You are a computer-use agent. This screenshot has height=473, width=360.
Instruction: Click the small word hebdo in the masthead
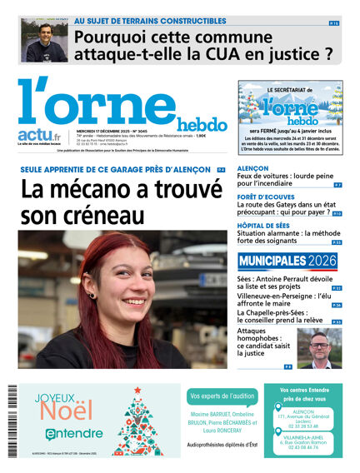pos(201,124)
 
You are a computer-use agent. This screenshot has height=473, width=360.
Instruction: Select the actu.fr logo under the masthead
pos(39,134)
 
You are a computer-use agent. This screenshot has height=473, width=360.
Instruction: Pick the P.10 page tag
pos(337,214)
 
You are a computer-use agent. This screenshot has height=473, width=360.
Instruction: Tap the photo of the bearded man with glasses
pos(319,347)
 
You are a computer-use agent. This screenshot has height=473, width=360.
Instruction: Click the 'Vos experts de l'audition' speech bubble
pos(222,396)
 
